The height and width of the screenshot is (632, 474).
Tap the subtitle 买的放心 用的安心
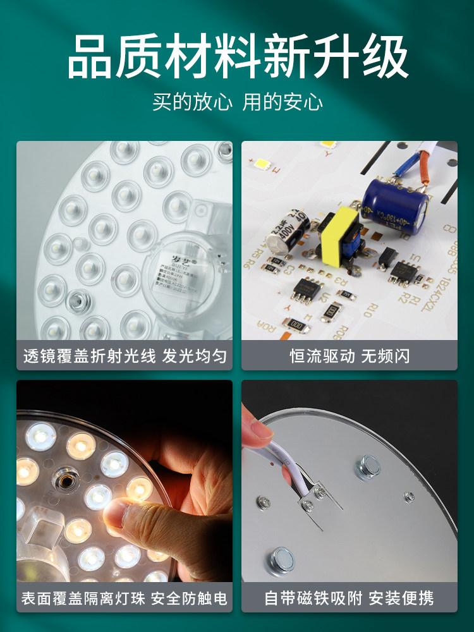[x=237, y=102]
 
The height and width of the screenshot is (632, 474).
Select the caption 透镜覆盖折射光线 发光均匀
[x=125, y=356]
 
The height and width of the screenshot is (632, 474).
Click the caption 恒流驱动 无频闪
[x=349, y=356]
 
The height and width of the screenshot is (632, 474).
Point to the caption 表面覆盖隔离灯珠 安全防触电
[x=125, y=598]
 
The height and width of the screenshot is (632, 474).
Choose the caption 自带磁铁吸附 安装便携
[x=349, y=598]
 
